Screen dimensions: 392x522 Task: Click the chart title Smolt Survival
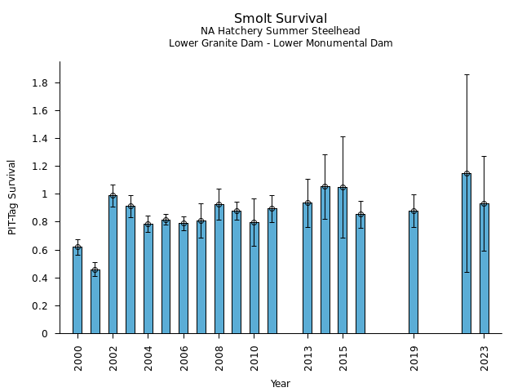(x=281, y=19)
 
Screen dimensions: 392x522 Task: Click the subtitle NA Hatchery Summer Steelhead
(x=281, y=32)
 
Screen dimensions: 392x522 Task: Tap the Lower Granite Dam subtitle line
(x=281, y=43)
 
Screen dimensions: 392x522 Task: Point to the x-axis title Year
(x=281, y=384)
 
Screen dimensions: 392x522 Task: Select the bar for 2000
(x=77, y=290)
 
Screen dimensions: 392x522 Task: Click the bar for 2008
(x=219, y=269)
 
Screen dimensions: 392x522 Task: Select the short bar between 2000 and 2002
(x=95, y=301)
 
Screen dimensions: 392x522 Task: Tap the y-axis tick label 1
(x=46, y=194)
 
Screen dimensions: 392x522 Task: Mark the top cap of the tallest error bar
(x=467, y=74)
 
